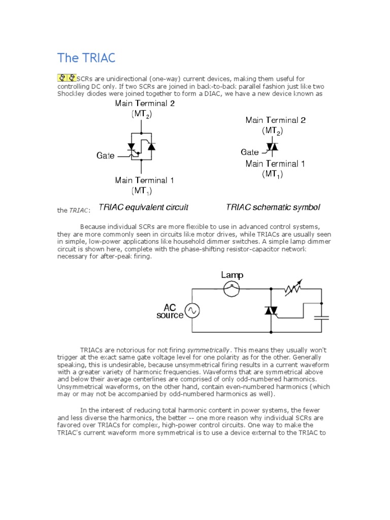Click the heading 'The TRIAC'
click(86, 57)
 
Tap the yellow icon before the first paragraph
click(66, 78)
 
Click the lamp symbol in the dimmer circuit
click(232, 289)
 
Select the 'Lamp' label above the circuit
click(232, 275)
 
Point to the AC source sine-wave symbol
click(192, 310)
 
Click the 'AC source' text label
click(170, 311)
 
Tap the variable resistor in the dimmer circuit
click(295, 289)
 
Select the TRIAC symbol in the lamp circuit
click(271, 310)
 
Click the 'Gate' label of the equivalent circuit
click(106, 156)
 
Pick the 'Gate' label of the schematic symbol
click(249, 152)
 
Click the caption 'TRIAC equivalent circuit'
click(143, 207)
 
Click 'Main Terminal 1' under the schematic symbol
click(275, 164)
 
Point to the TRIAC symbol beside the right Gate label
click(272, 148)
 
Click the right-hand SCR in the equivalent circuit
click(150, 146)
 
